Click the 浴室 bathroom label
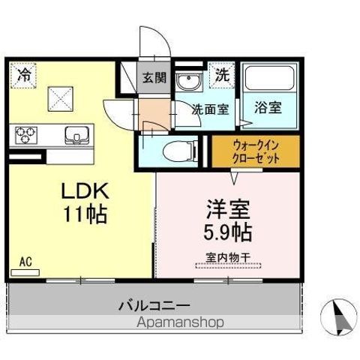coord(267,107)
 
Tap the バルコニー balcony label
coord(155,306)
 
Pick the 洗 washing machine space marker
coord(223,75)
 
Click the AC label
coord(25,262)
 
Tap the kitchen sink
coord(76,136)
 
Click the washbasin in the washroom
coord(185,82)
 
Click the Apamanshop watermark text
coord(180,323)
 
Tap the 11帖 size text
coord(85,214)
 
